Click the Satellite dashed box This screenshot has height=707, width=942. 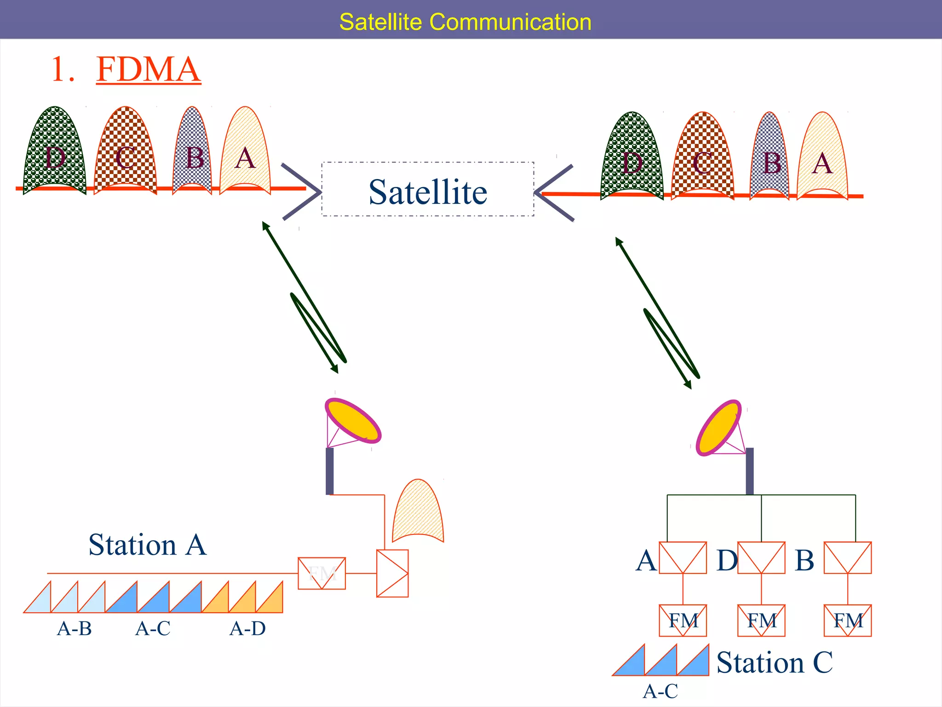click(428, 189)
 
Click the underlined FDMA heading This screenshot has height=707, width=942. click(148, 70)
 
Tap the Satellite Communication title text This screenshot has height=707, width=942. click(465, 22)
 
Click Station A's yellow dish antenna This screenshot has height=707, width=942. click(353, 421)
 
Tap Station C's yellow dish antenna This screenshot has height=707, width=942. click(718, 428)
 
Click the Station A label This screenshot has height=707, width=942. click(148, 545)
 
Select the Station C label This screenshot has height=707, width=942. click(775, 663)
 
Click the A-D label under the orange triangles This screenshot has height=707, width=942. click(247, 629)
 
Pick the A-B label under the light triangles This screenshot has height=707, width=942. click(74, 629)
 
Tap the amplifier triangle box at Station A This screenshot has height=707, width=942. click(392, 574)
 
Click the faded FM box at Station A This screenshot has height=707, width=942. click(322, 574)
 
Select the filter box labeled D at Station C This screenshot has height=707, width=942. click(761, 558)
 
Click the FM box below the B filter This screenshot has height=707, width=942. click(847, 620)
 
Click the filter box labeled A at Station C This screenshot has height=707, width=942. click(683, 558)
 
